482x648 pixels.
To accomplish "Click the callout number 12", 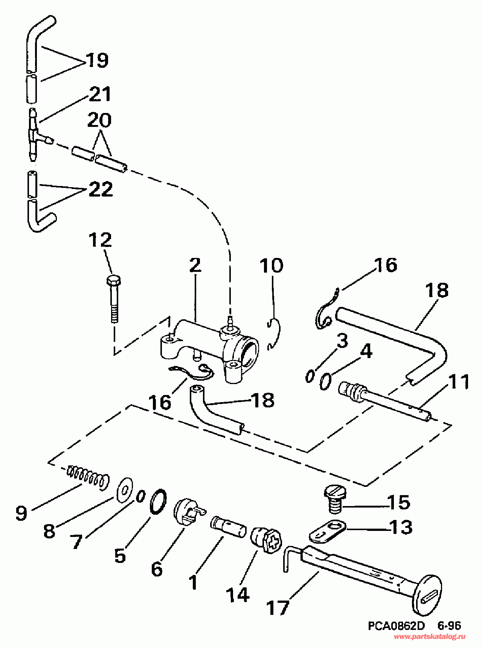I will pos(100,240).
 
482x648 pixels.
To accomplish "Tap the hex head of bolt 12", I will pos(114,281).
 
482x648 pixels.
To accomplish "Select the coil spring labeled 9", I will pos(88,478).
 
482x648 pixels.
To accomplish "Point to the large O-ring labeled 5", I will pos(158,501).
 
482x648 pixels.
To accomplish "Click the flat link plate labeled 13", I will pos(327,531).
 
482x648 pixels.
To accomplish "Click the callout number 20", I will pos(99,120).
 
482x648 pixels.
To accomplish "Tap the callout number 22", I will pos(101,189).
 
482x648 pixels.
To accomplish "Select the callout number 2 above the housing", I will pos(195,265).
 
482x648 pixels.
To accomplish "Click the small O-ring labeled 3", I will pos(310,376).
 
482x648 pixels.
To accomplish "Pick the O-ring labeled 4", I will pos(326,381).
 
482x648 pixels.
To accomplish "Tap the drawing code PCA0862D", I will pos(396,626).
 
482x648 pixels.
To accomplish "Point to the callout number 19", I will pos(97,60).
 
